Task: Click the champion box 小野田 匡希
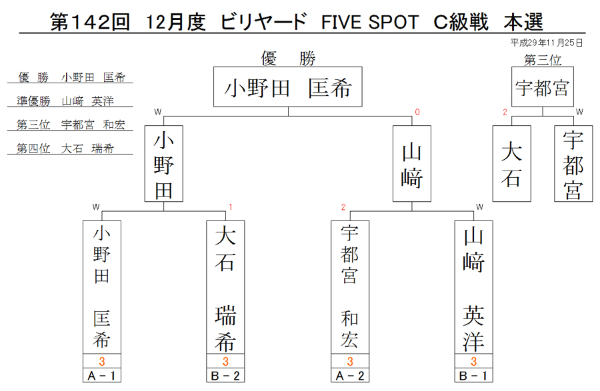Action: (288, 87)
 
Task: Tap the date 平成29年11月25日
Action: (547, 43)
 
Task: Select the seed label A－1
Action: (102, 376)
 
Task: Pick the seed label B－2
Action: (225, 376)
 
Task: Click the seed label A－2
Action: (350, 376)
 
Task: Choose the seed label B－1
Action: (474, 376)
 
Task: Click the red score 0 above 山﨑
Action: (417, 112)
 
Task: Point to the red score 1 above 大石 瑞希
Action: (231, 207)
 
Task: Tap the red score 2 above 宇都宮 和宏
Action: (343, 207)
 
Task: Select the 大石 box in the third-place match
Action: (511, 164)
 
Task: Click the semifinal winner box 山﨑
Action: (412, 164)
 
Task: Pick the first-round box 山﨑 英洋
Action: (474, 287)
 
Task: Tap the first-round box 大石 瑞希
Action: (225, 287)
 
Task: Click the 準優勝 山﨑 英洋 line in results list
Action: (65, 101)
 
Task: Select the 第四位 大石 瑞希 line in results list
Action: (65, 149)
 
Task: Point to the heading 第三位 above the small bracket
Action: (543, 60)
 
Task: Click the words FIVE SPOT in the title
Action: (370, 22)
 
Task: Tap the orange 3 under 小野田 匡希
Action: (102, 361)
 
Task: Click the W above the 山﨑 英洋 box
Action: (479, 207)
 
